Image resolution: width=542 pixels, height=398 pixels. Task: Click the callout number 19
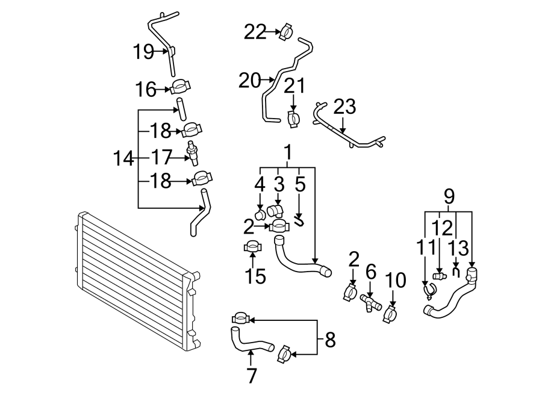[x=144, y=52]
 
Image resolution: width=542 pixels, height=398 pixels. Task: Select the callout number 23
[x=344, y=107]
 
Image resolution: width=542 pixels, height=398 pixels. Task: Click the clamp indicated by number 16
[x=180, y=89]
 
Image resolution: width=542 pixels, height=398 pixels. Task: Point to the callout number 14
[x=123, y=159]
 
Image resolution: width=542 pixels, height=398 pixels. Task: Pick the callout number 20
[x=250, y=80]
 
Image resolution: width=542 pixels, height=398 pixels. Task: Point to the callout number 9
[x=449, y=196]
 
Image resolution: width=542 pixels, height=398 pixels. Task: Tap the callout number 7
[x=252, y=375]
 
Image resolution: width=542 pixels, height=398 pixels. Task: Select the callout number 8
[x=329, y=340]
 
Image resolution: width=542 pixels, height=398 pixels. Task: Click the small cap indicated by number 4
[x=260, y=214]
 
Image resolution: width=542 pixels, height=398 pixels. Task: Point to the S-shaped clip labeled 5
[x=299, y=219]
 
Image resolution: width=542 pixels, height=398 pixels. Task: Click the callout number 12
[x=441, y=228]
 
